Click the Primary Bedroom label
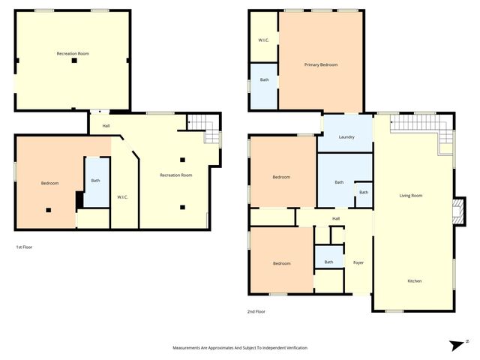[x=320, y=65]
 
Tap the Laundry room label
[x=346, y=137]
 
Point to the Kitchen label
[x=414, y=281]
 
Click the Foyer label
[x=358, y=263]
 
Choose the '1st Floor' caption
[x=24, y=247]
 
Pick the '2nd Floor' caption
[x=256, y=311]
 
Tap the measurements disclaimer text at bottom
[x=240, y=348]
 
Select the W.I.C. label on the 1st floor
[x=122, y=197]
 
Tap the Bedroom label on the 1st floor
[x=49, y=183]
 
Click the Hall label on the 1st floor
[x=106, y=125]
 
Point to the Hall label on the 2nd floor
[x=337, y=219]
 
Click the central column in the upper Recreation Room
[x=73, y=61]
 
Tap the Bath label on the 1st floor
[x=95, y=180]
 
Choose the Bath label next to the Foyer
[x=328, y=262]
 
